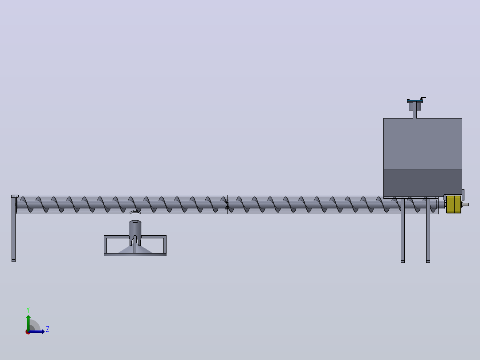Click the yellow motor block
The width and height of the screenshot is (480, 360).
pyautogui.click(x=454, y=204)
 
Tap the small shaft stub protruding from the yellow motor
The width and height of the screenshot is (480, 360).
pyautogui.click(x=465, y=205)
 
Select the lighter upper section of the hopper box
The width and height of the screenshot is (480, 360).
pyautogui.click(x=423, y=143)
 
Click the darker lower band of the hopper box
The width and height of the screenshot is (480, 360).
pyautogui.click(x=423, y=183)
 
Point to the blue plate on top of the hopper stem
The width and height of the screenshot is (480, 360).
pyautogui.click(x=415, y=101)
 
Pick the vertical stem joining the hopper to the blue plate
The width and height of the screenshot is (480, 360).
pyautogui.click(x=415, y=110)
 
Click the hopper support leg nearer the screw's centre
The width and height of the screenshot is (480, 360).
pyautogui.click(x=403, y=230)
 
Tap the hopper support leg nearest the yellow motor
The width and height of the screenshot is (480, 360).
pyautogui.click(x=428, y=230)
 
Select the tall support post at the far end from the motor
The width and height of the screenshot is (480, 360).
pyautogui.click(x=13, y=229)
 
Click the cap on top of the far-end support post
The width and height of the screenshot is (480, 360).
pyautogui.click(x=15, y=196)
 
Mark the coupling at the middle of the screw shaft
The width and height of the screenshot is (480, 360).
pyautogui.click(x=227, y=205)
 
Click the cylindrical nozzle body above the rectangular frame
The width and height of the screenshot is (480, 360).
pyautogui.click(x=135, y=230)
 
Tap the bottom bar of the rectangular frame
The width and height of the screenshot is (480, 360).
pyautogui.click(x=135, y=254)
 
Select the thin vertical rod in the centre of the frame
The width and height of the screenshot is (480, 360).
pyautogui.click(x=134, y=245)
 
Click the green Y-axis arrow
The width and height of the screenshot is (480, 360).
pyautogui.click(x=28, y=323)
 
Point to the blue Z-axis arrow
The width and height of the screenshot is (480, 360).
pyautogui.click(x=37, y=331)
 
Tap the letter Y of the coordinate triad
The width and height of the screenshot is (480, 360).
pyautogui.click(x=28, y=310)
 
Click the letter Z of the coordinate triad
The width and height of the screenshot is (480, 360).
pyautogui.click(x=48, y=329)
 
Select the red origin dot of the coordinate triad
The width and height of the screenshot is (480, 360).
pyautogui.click(x=28, y=332)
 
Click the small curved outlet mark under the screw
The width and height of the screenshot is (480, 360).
pyautogui.click(x=135, y=212)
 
